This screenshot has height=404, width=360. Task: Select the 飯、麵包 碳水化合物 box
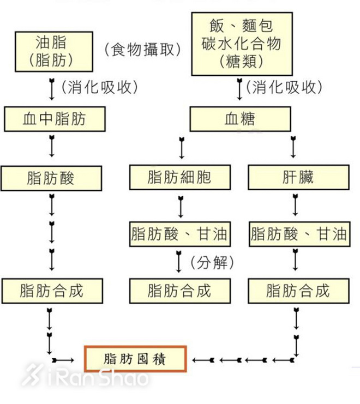coord(241,43)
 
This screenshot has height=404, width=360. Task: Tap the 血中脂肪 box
coord(54,118)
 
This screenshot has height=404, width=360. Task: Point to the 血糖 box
coord(240,118)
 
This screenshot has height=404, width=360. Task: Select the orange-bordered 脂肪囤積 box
coord(135,359)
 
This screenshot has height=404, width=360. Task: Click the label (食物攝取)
coord(142,50)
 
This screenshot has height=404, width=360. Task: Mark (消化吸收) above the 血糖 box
coord(284,87)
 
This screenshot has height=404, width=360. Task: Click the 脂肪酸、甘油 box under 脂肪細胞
coord(179,234)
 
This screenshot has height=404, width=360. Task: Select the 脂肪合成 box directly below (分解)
coord(179,290)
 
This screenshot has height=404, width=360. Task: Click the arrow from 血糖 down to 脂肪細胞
coord(182,148)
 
